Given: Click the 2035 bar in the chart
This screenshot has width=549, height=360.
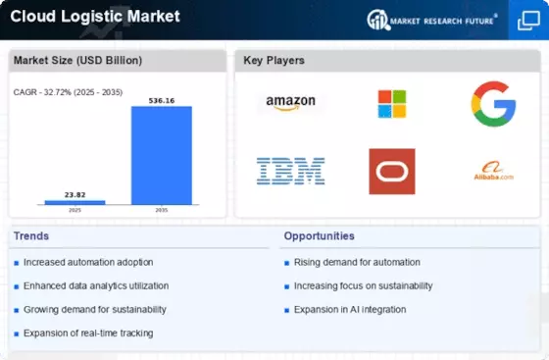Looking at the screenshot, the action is [x=162, y=155].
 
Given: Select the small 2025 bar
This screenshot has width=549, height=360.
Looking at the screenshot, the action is [x=75, y=202].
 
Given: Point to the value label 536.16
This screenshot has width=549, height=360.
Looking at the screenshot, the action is [x=162, y=101].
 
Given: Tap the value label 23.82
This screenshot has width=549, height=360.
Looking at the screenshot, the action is [x=75, y=194].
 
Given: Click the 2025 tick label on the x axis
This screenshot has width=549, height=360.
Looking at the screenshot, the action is [x=75, y=210].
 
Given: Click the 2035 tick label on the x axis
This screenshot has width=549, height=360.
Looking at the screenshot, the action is [x=162, y=210].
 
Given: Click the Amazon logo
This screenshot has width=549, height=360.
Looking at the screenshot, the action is [x=290, y=103].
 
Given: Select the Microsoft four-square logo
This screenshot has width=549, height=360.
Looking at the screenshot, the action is [x=392, y=104].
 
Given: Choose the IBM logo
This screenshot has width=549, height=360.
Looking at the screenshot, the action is [x=290, y=172].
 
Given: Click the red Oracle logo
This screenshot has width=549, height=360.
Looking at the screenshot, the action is [x=392, y=172].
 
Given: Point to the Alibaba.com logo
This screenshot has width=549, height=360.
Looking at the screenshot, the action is [x=494, y=172].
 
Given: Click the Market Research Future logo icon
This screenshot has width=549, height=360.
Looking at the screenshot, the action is [x=378, y=20].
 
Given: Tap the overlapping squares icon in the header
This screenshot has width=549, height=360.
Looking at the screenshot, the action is [x=528, y=21].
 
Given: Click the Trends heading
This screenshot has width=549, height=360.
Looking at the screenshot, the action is [x=31, y=236].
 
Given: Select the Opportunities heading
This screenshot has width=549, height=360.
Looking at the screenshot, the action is [x=320, y=236].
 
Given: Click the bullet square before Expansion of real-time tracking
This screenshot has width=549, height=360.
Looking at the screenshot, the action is [x=16, y=334].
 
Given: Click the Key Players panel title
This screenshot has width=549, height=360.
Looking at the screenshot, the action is [x=274, y=60].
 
